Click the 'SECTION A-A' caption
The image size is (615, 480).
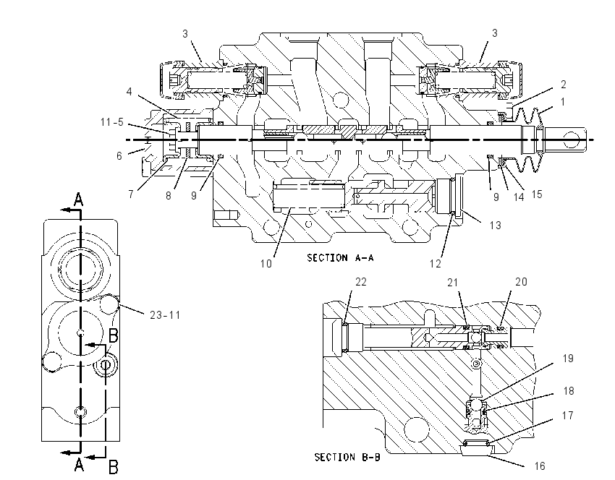point(340,258)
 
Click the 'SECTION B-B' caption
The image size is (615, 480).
point(347,457)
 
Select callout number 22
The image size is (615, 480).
point(361,282)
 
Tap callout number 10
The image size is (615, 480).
point(266,264)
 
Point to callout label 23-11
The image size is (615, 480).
point(165,314)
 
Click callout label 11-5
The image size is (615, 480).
point(111,122)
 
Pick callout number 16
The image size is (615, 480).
point(540,466)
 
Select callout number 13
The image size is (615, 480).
point(496,226)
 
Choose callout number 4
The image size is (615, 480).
point(129,92)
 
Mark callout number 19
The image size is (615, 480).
point(568,358)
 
